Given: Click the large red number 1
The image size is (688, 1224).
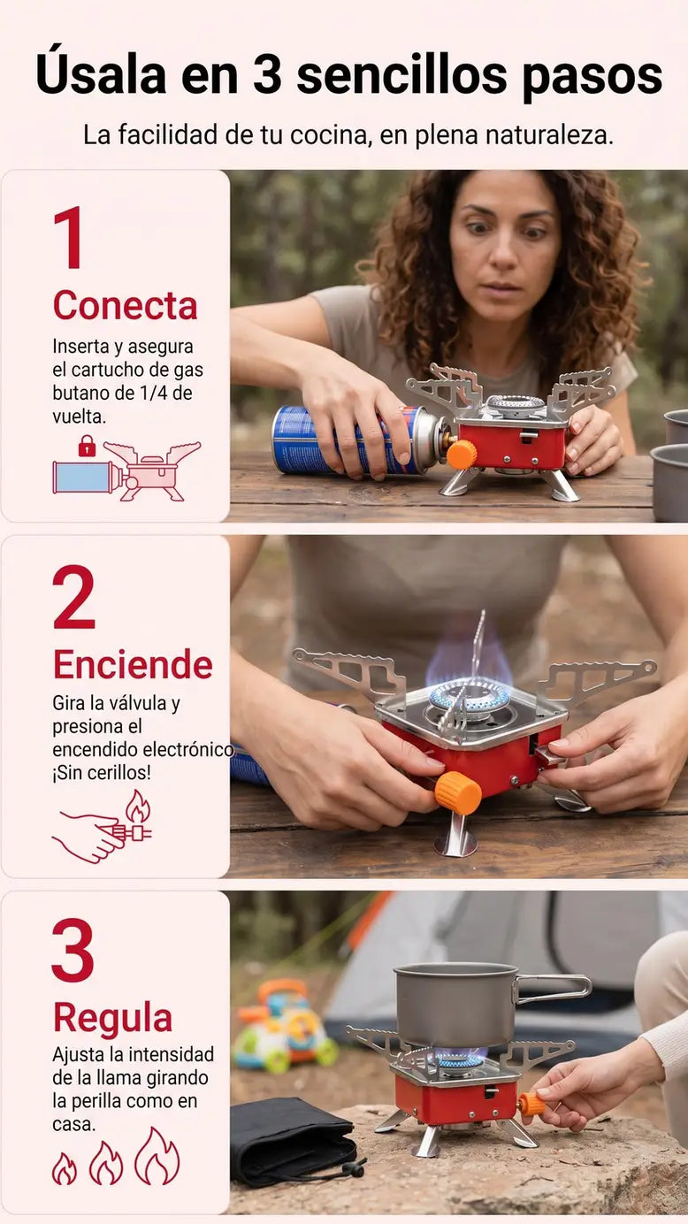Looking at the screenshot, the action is click(x=69, y=237).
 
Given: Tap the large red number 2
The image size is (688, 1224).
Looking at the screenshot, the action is click(x=73, y=597).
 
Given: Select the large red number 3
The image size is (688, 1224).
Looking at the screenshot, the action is click(x=73, y=950).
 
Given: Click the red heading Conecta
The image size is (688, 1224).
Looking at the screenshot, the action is click(x=126, y=305).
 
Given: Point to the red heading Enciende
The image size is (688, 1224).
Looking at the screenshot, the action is click(x=133, y=664).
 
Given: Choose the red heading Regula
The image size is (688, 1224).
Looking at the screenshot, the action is click(x=112, y=1019).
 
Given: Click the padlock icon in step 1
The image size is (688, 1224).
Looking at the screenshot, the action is click(x=87, y=446).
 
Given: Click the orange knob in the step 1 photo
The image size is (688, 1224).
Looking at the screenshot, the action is click(x=462, y=454).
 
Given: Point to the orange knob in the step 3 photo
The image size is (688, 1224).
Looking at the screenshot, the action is click(x=531, y=1105).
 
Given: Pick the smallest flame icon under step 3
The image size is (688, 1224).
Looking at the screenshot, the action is click(x=65, y=1168).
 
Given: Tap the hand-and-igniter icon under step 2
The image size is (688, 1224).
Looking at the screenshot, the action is click(x=103, y=826).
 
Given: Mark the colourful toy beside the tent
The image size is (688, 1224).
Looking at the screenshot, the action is click(x=284, y=1024).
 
